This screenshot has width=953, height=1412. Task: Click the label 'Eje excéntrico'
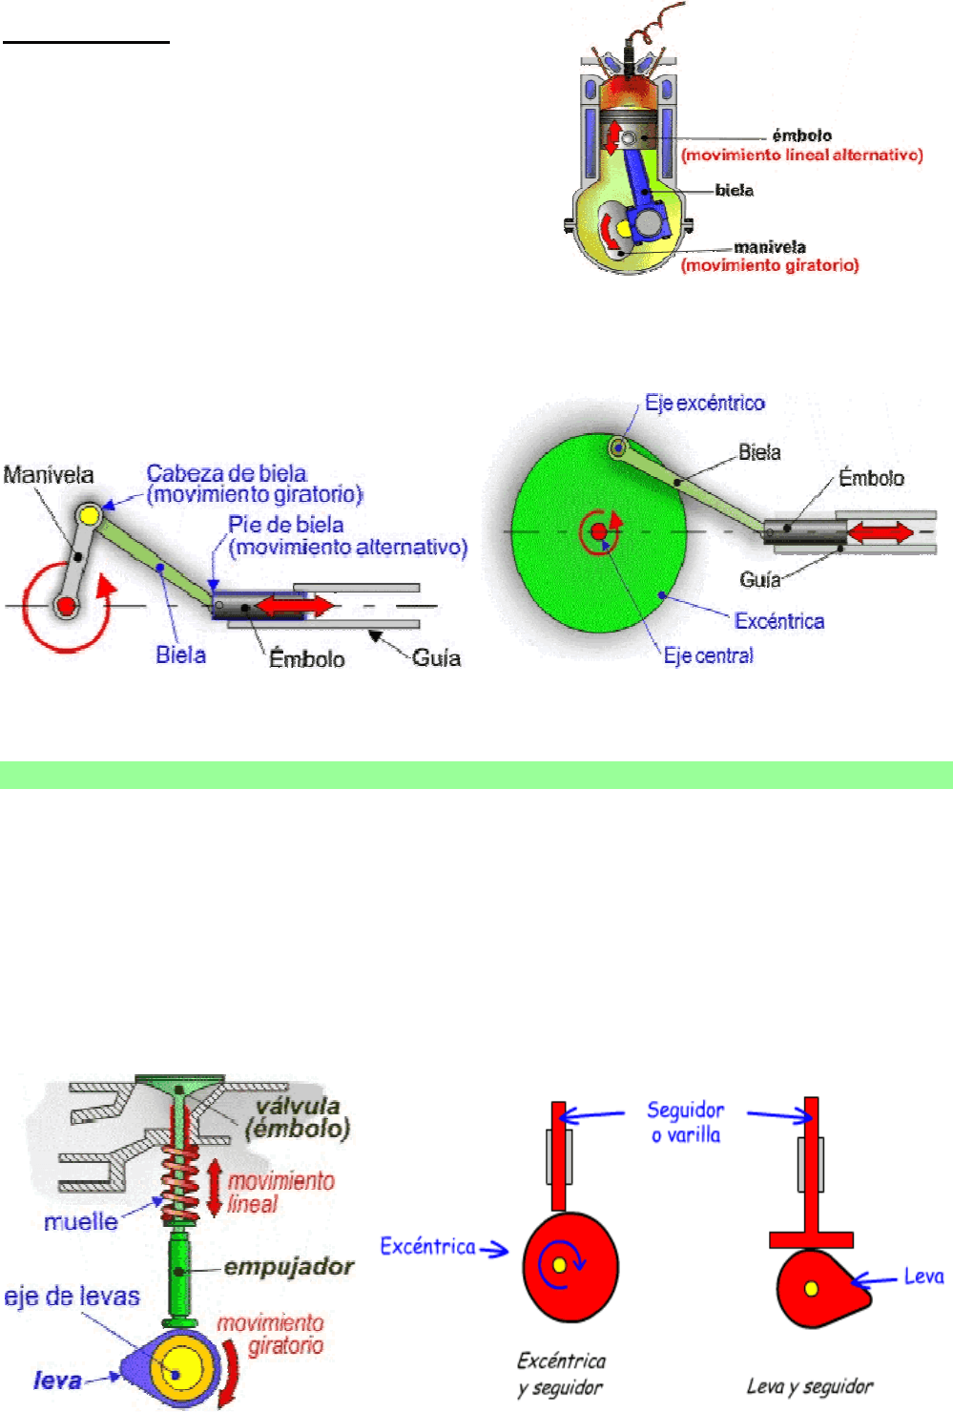[x=704, y=404]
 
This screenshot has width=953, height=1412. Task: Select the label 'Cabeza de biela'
[x=226, y=473]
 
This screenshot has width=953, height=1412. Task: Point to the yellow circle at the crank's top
[x=90, y=516]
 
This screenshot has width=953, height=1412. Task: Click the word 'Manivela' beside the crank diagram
[x=49, y=475]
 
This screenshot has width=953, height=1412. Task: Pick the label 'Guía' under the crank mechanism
[x=436, y=658]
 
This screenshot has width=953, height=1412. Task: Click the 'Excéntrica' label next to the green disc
[x=778, y=622]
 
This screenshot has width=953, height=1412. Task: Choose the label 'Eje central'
[x=708, y=656]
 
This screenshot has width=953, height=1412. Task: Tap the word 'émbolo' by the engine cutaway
[x=801, y=135]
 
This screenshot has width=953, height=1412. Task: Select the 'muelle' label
[x=81, y=1222]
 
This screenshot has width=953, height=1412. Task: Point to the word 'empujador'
[x=288, y=1267]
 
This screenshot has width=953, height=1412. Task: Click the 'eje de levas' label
[x=72, y=1297]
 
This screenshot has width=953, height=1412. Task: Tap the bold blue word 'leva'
[x=57, y=1380]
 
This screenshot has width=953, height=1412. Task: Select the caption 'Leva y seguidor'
[x=809, y=1386]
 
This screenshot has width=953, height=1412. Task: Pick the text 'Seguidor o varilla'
[x=685, y=1122]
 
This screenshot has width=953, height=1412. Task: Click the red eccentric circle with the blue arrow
[x=570, y=1267]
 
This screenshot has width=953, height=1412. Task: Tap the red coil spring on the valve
[x=177, y=1183]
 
